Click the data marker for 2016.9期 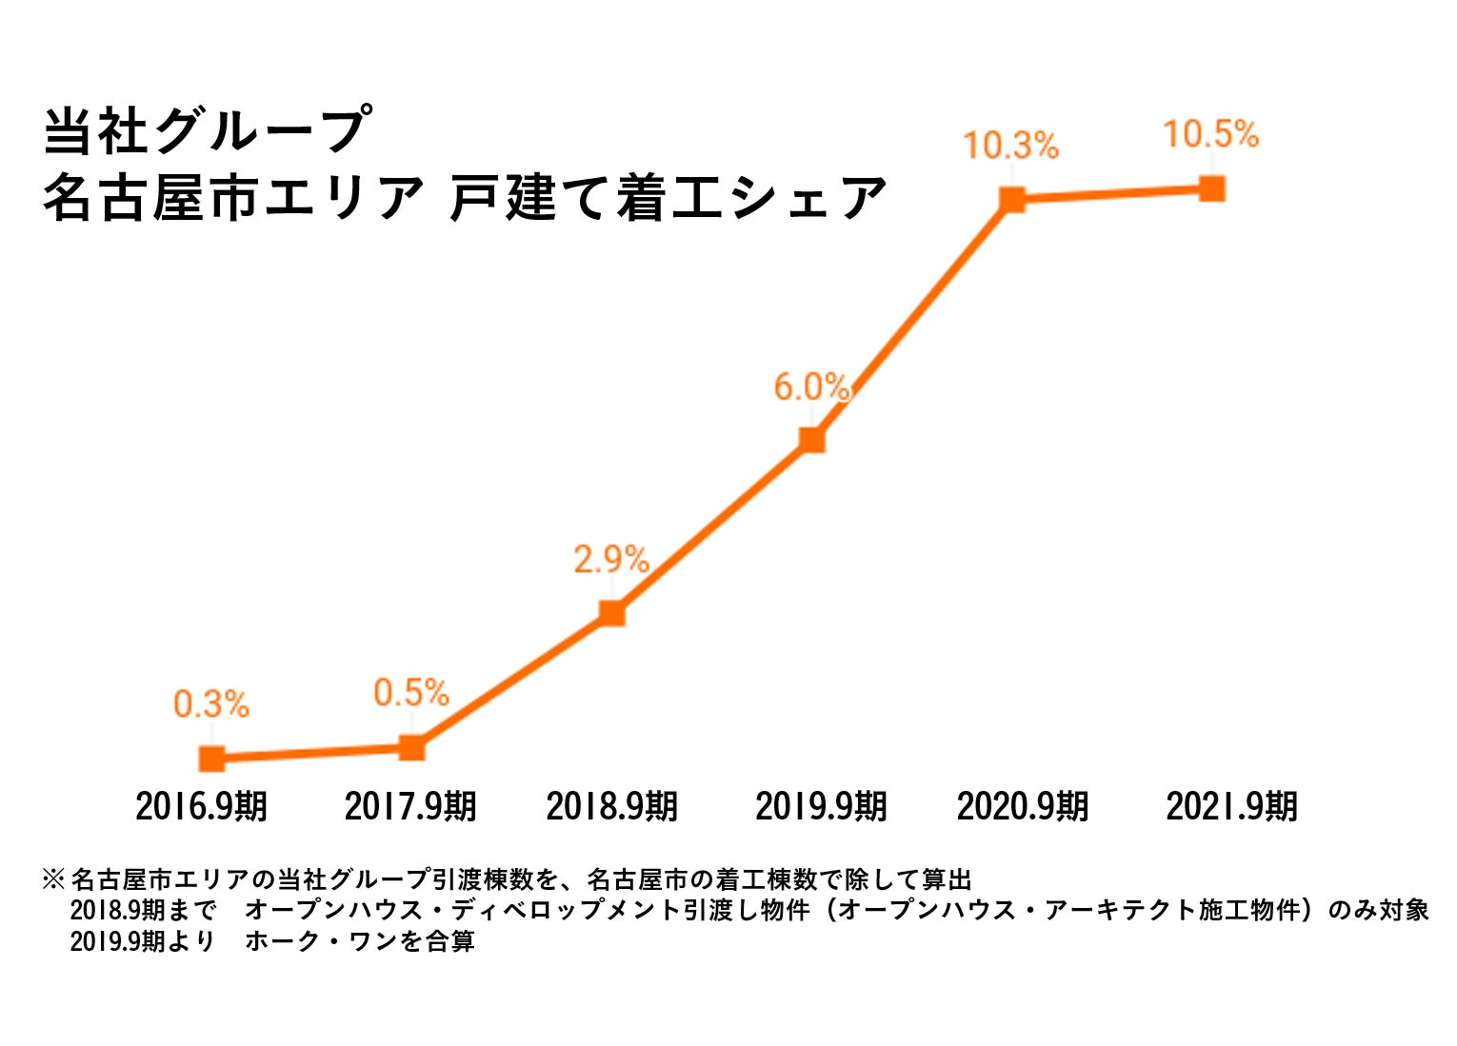(211, 759)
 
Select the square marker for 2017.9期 (411, 747)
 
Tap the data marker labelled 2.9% (611, 613)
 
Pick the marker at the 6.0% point (811, 439)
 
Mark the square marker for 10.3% (1011, 199)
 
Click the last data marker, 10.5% (1211, 187)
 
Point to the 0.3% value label (210, 704)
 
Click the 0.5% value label (410, 693)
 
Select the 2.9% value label (610, 559)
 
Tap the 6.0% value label (810, 387)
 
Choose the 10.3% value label (1010, 146)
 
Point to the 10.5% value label (1210, 134)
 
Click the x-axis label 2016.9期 (201, 806)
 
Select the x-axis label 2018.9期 (611, 806)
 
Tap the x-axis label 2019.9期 (821, 806)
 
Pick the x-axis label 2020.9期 (1023, 806)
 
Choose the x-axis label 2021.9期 (1231, 806)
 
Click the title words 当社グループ (206, 130)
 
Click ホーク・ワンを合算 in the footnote (360, 941)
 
